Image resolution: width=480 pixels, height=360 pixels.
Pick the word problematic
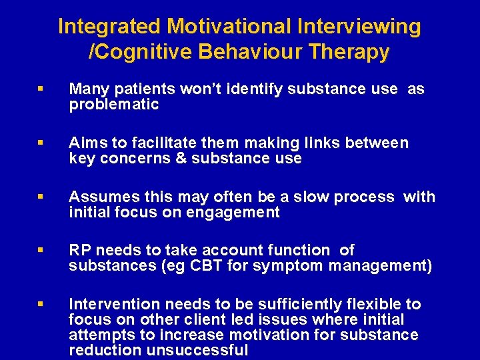coord(114,104)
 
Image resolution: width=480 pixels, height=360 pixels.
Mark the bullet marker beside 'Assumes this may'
coord(42,197)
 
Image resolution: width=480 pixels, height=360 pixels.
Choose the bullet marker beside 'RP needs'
coord(42,251)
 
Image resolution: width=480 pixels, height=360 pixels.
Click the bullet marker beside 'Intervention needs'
coord(42,305)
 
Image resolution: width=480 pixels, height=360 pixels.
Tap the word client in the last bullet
coord(201,319)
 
